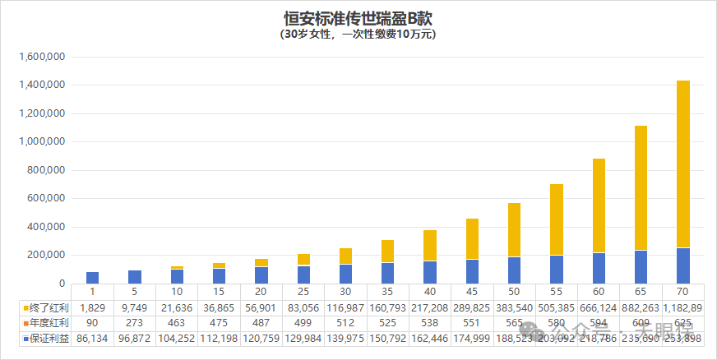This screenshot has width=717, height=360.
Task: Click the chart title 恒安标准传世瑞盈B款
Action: click(x=358, y=17)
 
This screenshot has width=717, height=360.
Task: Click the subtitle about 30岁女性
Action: click(x=358, y=35)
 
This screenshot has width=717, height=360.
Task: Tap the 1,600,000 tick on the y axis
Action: click(x=40, y=58)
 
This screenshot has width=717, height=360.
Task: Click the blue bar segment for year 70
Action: click(x=683, y=265)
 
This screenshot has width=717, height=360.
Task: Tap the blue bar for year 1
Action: click(x=93, y=278)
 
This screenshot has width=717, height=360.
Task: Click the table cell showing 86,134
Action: click(x=93, y=339)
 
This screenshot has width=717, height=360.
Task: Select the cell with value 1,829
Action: click(x=93, y=307)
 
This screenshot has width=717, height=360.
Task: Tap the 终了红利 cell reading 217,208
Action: click(x=430, y=307)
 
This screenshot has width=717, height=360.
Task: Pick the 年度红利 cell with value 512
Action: click(x=345, y=323)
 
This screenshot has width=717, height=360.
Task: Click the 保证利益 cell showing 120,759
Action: click(x=261, y=339)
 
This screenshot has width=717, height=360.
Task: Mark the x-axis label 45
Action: click(x=472, y=292)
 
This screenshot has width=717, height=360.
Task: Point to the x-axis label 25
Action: click(x=303, y=292)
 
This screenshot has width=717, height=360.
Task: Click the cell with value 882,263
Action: click(x=641, y=307)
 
